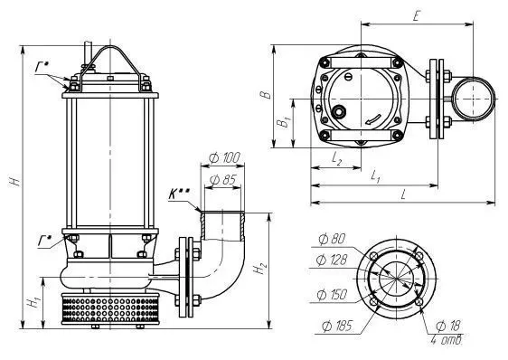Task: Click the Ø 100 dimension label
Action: [x=224, y=158]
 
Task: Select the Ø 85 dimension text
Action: [x=223, y=179]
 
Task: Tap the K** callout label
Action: [x=178, y=194]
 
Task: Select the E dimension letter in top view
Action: [x=417, y=15]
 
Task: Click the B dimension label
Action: [x=266, y=94]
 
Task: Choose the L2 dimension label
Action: [x=336, y=158]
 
